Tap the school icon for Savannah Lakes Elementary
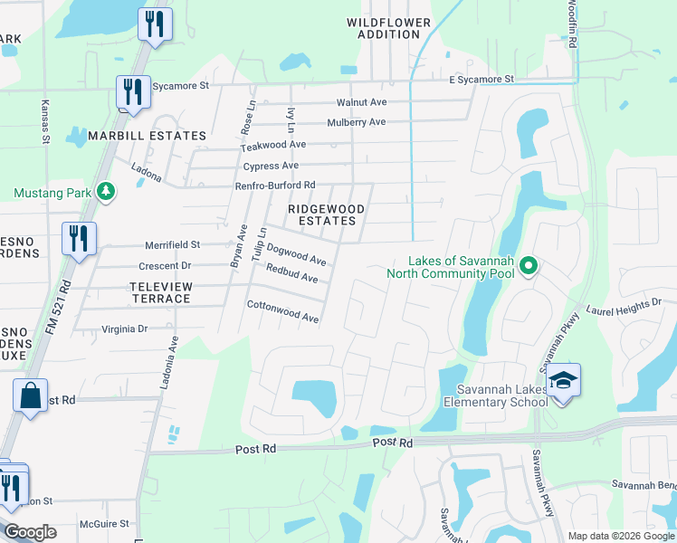563,379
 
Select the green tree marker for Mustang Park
107,192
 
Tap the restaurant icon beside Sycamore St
133,92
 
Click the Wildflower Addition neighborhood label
383,27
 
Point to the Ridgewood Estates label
326,214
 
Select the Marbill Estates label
148,136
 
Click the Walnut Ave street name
361,102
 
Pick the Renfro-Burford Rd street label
273,186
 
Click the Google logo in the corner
30,532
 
